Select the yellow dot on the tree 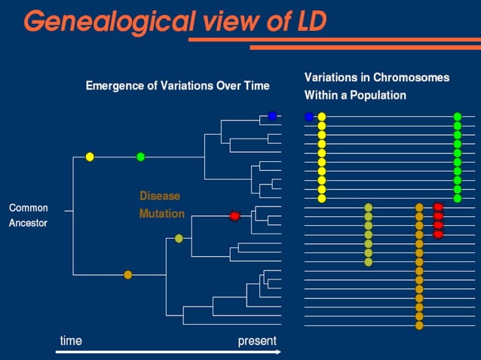point(90,157)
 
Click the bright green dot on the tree point(140,157)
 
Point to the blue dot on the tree point(272,116)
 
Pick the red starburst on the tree point(234,216)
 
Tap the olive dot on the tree point(179,239)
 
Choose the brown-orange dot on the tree point(127,275)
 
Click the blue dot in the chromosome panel point(309,117)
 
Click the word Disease point(160,196)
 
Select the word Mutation point(161,214)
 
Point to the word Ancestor point(28,223)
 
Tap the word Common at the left point(29,208)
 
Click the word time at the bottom point(71,341)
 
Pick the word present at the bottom point(257,341)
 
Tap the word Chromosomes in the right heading point(410,78)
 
